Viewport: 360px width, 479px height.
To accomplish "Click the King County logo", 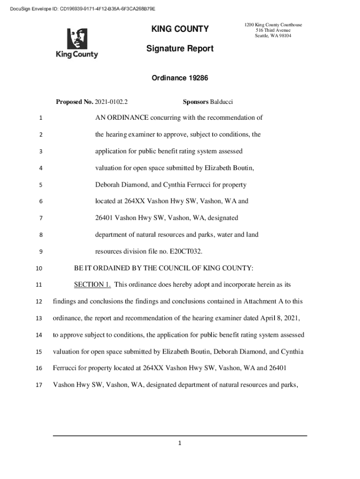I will coord(77,44).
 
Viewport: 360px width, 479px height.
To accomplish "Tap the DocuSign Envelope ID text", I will coord(79,9).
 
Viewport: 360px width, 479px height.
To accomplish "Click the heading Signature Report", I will coord(180,49).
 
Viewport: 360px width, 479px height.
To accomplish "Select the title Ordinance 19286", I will coord(180,79).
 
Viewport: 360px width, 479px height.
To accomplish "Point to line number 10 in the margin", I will coord(39,269).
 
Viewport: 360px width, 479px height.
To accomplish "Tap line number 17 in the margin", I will coord(39,385).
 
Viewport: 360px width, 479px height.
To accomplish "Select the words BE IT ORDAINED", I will coord(99,268).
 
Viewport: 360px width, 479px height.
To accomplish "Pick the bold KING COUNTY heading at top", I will coord(180,29).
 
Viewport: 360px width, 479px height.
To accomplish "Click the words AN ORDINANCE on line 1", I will coord(122,117).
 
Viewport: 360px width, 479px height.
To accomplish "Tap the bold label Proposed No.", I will coord(74,102).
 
